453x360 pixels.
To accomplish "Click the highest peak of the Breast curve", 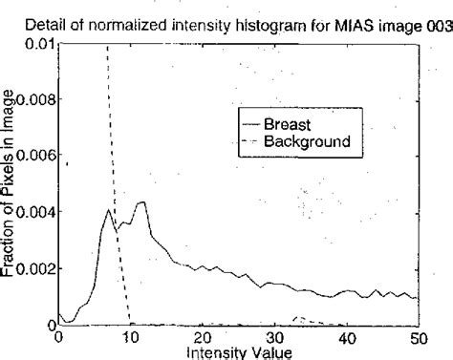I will (x=141, y=202).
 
